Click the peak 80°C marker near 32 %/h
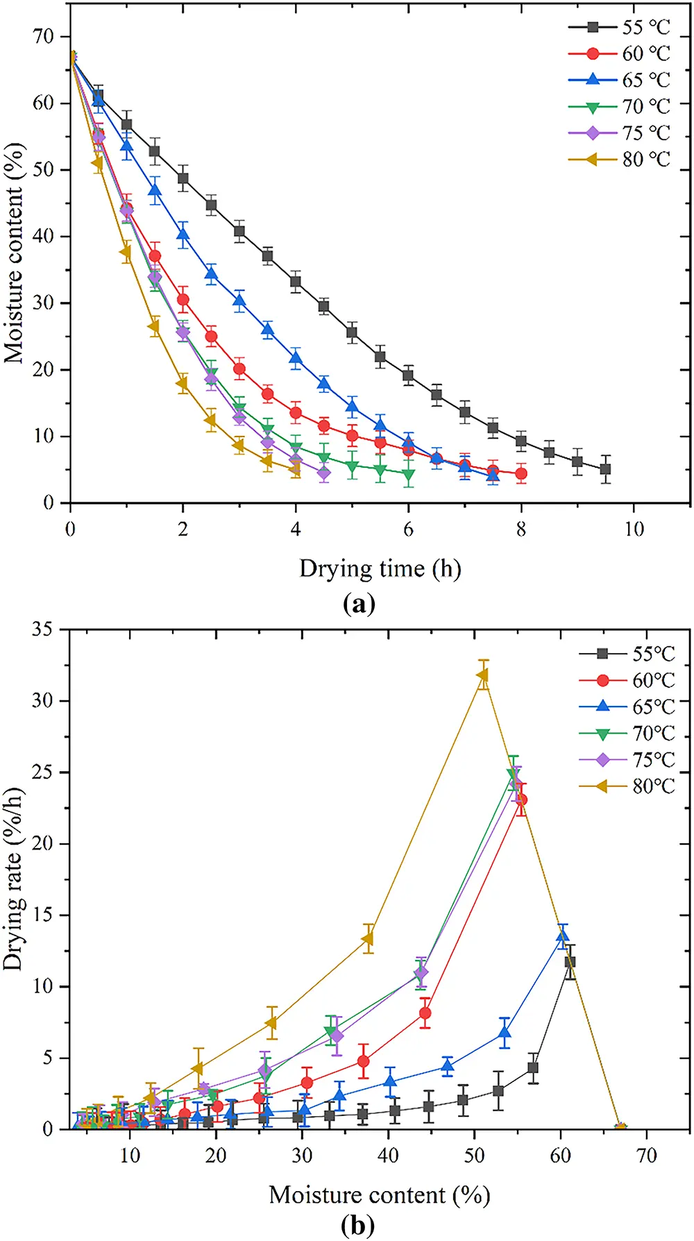click(482, 675)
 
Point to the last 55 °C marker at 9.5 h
click(605, 469)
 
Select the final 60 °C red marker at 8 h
click(521, 474)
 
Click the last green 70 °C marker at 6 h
click(409, 475)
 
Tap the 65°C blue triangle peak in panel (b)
click(562, 938)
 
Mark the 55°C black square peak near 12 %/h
click(570, 962)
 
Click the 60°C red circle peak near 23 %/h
click(521, 800)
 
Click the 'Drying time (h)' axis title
click(380, 568)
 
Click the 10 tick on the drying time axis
click(634, 529)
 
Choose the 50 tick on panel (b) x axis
click(474, 1155)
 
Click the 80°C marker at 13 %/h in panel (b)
click(368, 939)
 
